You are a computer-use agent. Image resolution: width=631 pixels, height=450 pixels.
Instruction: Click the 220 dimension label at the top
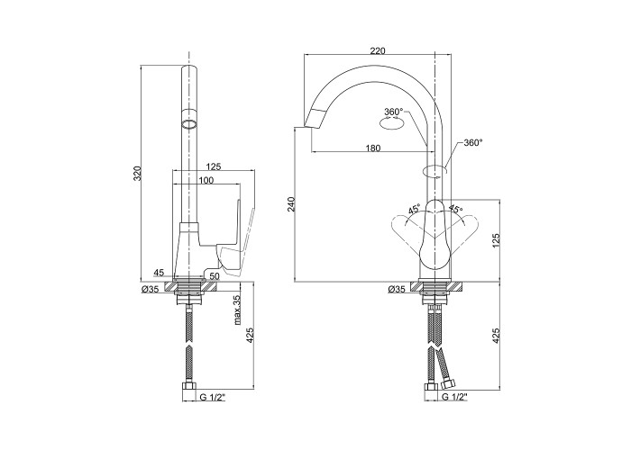point(378,51)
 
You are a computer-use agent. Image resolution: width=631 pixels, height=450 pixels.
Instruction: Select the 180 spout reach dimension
point(372,148)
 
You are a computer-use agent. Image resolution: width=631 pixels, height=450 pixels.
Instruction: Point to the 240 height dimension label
point(292,204)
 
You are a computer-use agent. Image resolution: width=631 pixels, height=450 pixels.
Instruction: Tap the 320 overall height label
point(138,174)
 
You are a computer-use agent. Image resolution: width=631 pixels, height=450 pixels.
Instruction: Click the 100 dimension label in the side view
point(206,180)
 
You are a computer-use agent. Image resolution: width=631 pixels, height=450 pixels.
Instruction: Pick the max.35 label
point(237,310)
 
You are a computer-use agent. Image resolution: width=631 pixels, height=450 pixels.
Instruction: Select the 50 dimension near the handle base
point(215,276)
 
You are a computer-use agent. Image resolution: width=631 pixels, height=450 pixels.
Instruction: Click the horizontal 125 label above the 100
point(214,166)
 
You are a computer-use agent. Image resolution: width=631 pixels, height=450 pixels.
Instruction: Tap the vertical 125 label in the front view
point(496,240)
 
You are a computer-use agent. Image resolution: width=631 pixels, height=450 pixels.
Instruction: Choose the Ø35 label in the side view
point(151,289)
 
